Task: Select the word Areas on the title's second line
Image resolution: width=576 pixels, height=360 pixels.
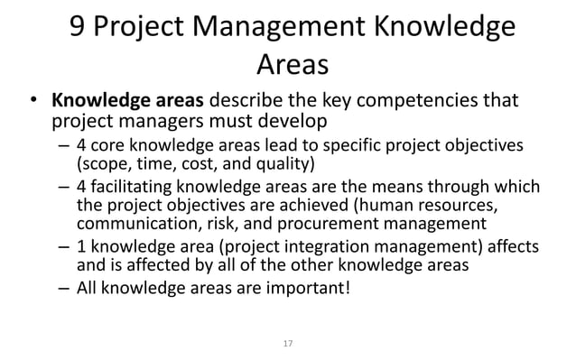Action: pyautogui.click(x=293, y=64)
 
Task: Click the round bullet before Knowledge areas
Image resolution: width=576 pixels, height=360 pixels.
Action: pyautogui.click(x=32, y=100)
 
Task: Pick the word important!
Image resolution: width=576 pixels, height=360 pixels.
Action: pyautogui.click(x=308, y=290)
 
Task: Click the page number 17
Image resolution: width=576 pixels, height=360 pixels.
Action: pyautogui.click(x=288, y=344)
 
